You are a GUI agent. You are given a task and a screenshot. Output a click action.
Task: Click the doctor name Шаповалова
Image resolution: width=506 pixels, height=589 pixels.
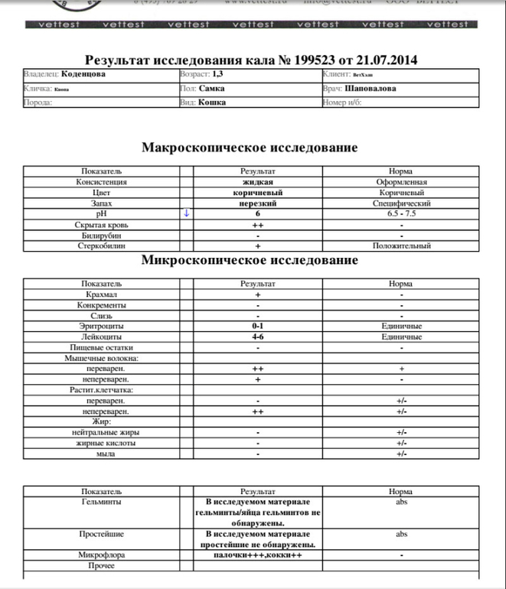371,89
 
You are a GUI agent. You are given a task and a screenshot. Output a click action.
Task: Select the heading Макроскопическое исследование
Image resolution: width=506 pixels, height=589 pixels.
250,148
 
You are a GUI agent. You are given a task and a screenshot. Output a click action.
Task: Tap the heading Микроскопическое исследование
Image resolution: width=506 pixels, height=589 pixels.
250,260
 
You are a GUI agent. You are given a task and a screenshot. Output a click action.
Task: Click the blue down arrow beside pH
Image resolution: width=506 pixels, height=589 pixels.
186,214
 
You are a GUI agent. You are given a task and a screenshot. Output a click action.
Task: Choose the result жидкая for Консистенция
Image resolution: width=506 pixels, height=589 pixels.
257,182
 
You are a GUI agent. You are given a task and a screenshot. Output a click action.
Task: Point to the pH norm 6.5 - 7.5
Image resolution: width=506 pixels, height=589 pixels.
401,214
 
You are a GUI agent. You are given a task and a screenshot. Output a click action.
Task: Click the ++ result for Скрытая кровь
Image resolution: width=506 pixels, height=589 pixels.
257,225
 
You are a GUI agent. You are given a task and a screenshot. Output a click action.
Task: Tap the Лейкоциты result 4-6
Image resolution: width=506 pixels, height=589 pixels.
258,337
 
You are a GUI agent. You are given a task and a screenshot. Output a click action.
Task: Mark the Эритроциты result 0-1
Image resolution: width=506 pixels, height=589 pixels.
258,327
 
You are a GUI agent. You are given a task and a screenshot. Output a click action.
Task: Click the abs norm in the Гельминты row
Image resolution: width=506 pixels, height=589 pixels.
401,503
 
